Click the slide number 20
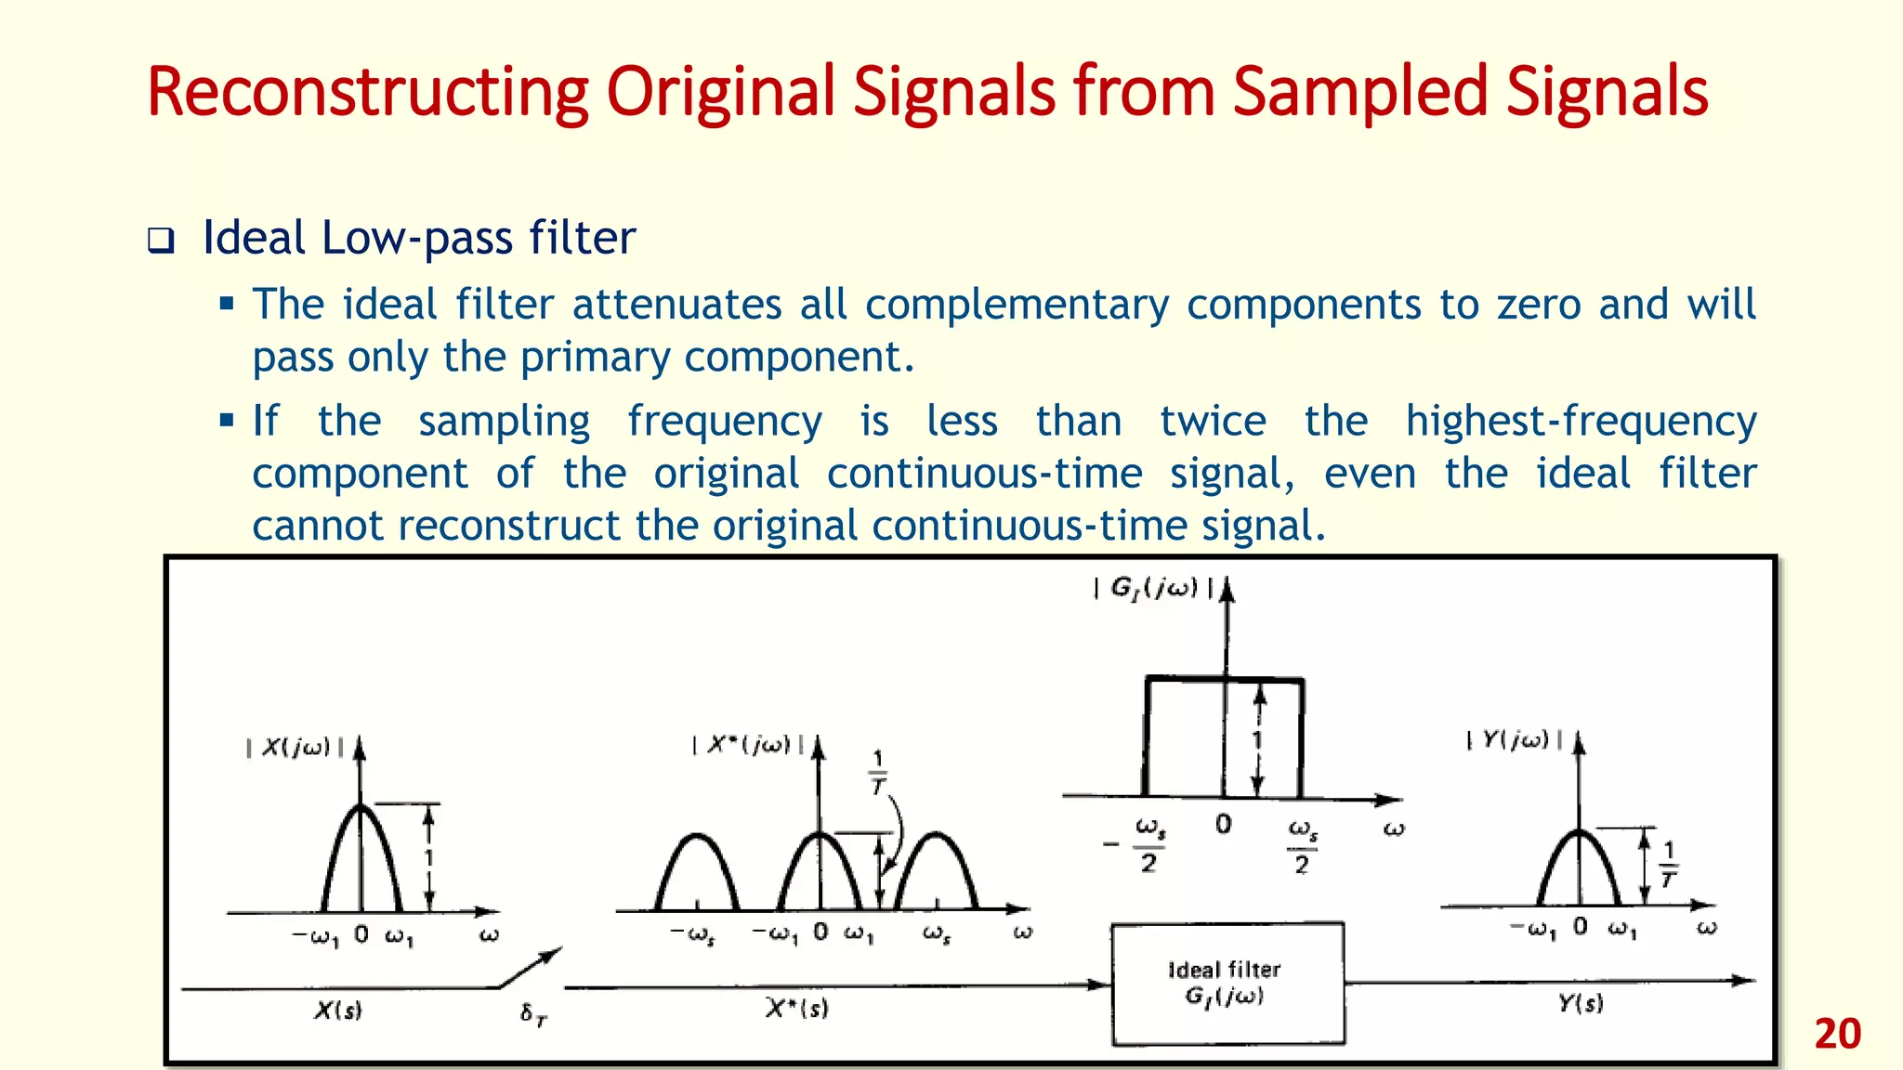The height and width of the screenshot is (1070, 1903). (x=1837, y=1034)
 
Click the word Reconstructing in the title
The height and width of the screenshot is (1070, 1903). (x=367, y=92)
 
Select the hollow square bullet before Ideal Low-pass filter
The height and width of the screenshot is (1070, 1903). (x=161, y=241)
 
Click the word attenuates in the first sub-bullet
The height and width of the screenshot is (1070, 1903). (x=676, y=305)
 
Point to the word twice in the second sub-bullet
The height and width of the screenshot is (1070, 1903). (x=1213, y=421)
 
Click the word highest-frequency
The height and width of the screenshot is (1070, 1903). (x=1581, y=421)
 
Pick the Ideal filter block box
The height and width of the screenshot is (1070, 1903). (x=1227, y=984)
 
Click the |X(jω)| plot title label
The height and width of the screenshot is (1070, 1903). (x=295, y=748)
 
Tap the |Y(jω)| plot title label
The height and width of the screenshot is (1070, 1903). (x=1515, y=740)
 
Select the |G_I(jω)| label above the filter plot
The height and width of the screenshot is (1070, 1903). (x=1153, y=588)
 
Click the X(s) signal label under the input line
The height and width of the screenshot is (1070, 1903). (x=337, y=1011)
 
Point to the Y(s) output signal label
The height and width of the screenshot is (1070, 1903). (x=1581, y=1003)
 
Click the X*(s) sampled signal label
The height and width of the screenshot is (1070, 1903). (x=796, y=1008)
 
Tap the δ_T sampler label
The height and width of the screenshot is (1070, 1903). (x=533, y=1014)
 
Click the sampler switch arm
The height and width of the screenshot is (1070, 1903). (x=531, y=968)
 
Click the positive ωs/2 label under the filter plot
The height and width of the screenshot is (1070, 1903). (x=1302, y=845)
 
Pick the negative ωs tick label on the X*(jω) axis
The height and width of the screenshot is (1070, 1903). (x=692, y=933)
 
